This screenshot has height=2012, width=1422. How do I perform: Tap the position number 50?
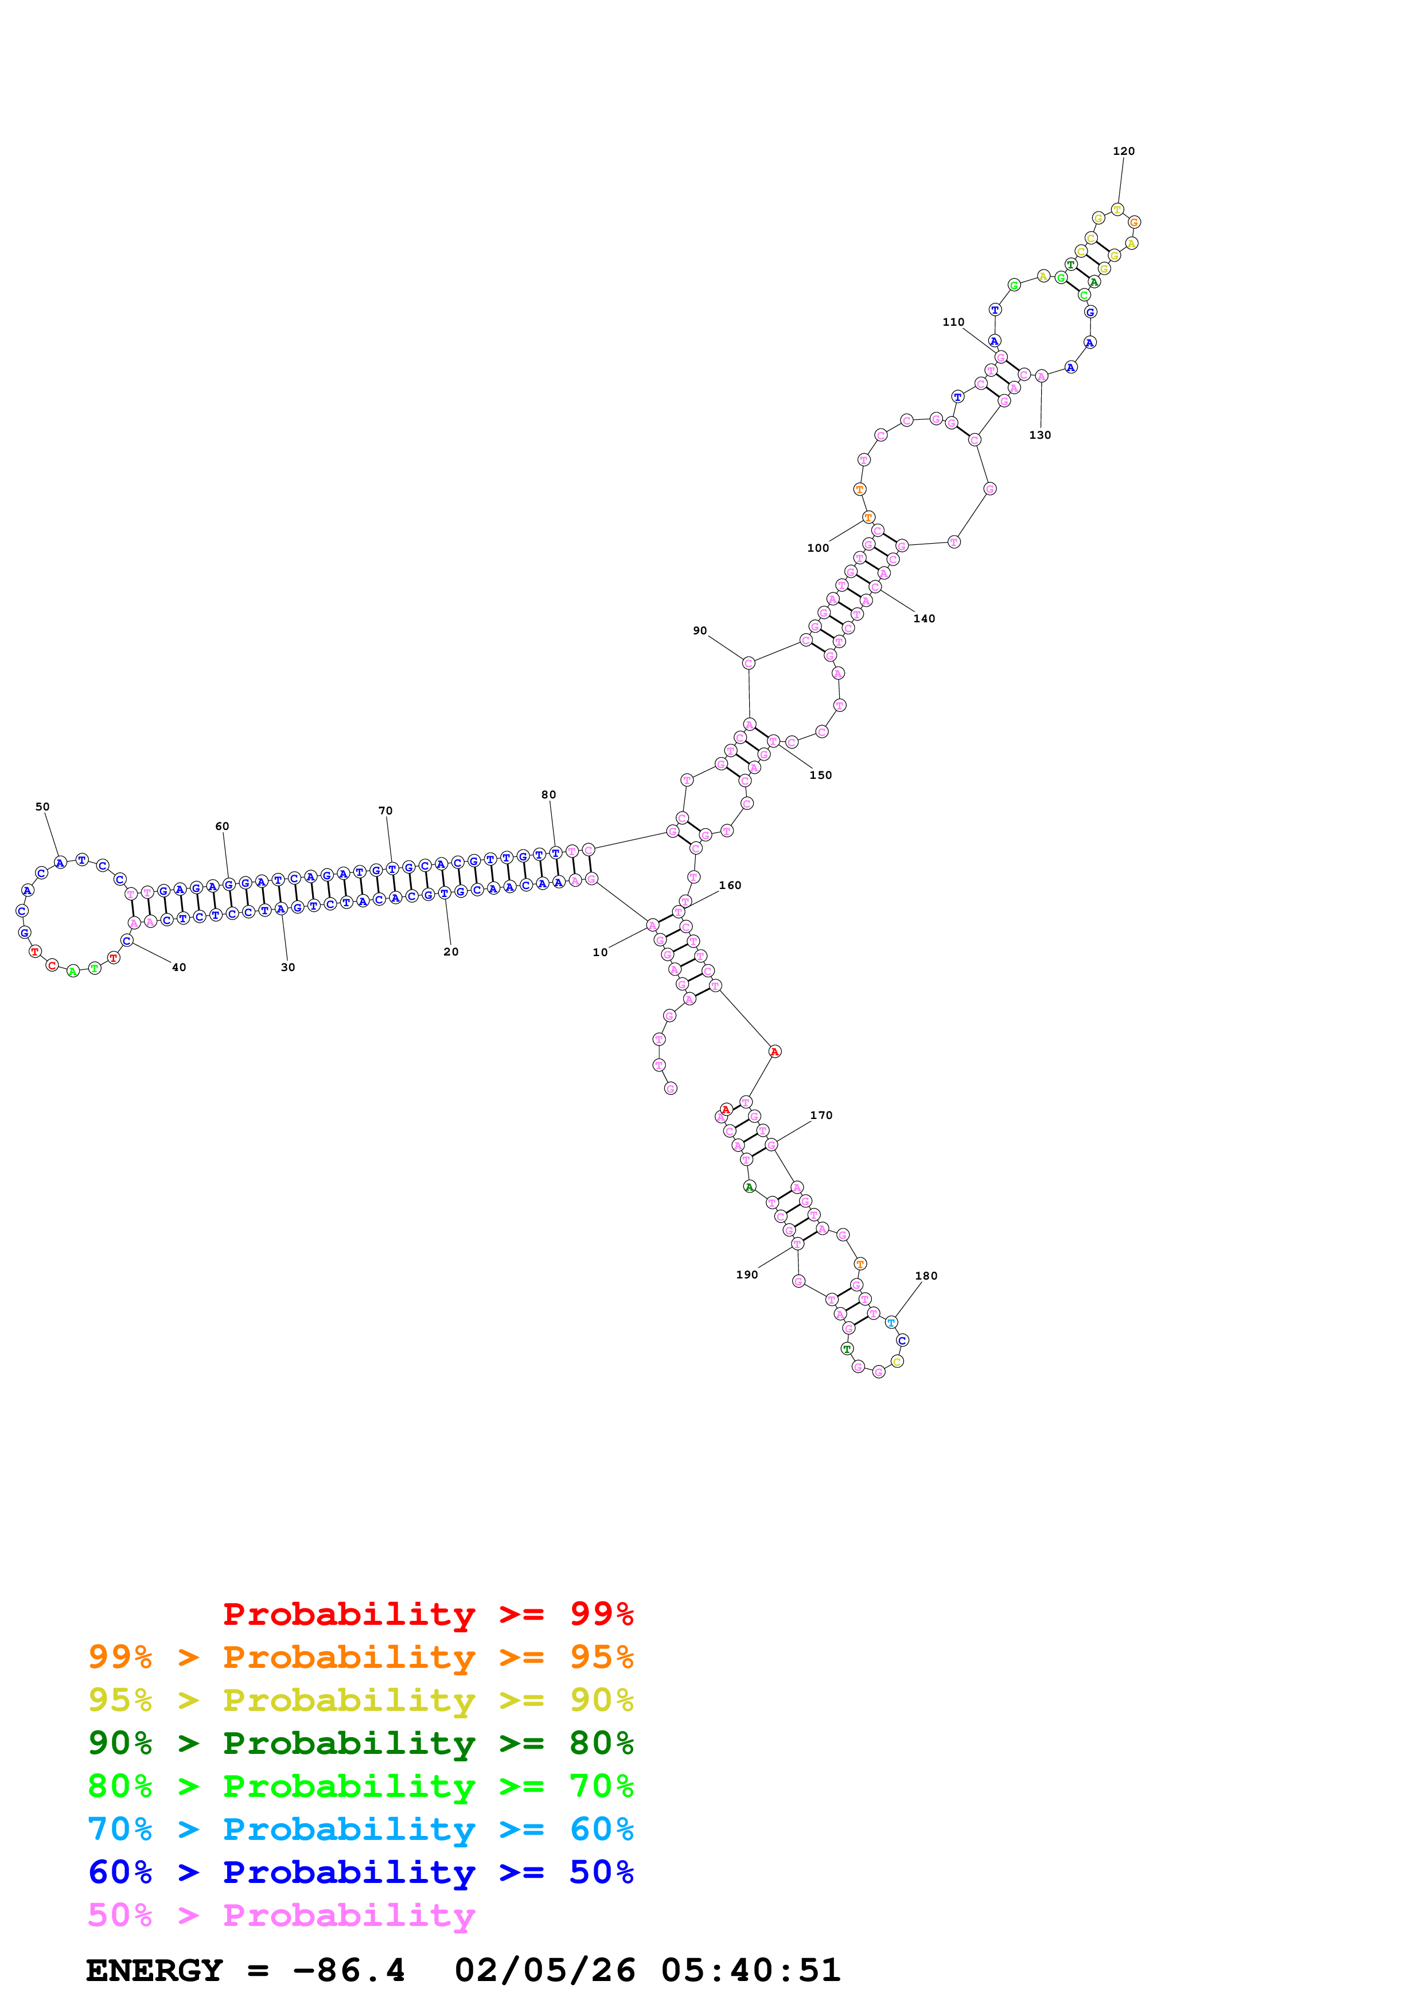pos(42,807)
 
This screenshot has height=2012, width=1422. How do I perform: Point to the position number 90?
pos(699,631)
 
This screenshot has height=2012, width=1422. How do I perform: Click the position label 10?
pos(599,953)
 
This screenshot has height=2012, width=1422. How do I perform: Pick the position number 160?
pos(730,886)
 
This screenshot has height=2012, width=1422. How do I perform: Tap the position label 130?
pos(1040,435)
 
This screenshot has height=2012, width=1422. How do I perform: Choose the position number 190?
pos(746,1275)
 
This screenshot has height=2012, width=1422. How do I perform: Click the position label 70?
pos(385,812)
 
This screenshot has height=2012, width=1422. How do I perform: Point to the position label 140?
pos(924,619)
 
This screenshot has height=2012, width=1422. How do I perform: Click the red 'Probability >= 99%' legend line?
pos(427,1613)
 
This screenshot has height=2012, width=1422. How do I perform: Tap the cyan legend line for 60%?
pos(360,1829)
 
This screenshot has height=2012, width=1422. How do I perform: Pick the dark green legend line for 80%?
pos(360,1743)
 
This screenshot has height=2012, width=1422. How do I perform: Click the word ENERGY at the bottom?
pos(154,1970)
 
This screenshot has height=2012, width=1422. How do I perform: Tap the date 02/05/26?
pos(545,1970)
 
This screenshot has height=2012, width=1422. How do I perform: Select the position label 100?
pos(817,548)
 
